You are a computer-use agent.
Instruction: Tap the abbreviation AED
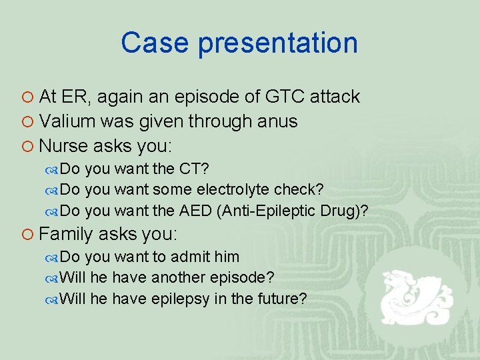click(197, 211)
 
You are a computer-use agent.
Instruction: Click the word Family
click(67, 234)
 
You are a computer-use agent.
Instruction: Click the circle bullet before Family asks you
click(28, 235)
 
